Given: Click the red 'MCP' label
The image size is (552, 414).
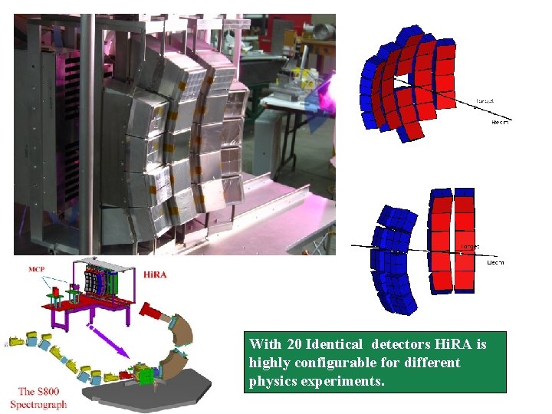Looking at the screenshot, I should coord(36,269).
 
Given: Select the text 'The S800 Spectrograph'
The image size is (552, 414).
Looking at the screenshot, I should coord(38,398).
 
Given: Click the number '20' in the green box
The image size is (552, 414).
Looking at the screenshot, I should coord(294,345).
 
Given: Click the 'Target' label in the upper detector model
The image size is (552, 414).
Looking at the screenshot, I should coord(485,100).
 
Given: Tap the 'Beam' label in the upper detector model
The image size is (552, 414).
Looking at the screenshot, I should coord(499,120).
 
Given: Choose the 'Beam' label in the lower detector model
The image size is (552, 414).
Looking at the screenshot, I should coord(495,262).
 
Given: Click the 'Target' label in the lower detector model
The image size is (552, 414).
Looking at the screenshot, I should coord(469,247).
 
